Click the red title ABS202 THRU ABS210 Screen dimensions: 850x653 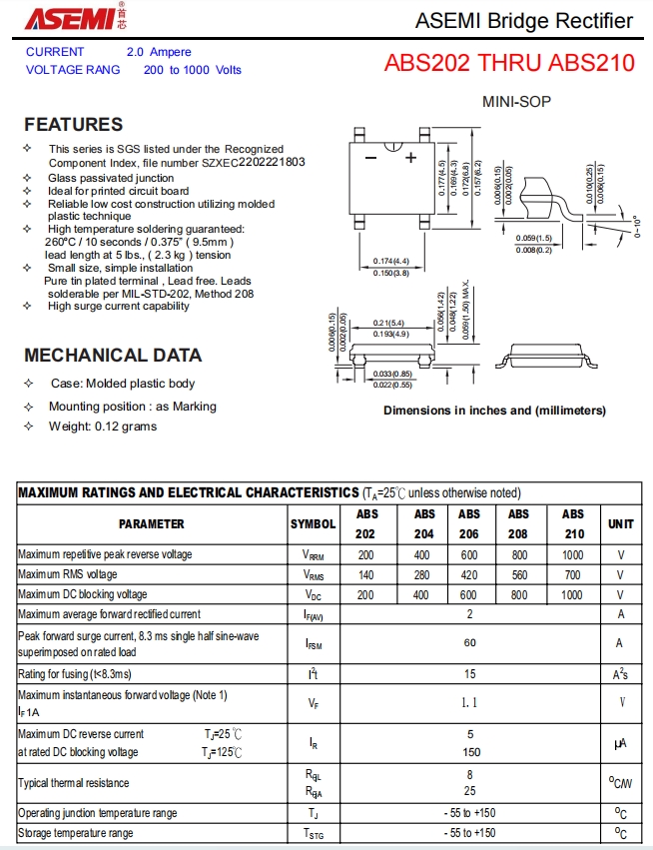[509, 63]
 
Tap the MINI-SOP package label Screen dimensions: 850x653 [516, 102]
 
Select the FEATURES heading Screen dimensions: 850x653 [74, 125]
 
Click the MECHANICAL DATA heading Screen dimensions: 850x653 [113, 356]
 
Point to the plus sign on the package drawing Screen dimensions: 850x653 [409, 157]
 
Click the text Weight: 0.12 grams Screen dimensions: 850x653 [103, 426]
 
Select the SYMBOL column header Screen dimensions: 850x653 [314, 523]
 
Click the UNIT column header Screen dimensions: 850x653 [620, 523]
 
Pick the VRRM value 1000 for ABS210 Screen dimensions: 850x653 [572, 554]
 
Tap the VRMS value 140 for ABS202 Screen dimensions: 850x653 [365, 574]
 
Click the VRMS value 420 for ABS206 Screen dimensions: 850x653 [469, 574]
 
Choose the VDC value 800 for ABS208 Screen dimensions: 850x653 [519, 594]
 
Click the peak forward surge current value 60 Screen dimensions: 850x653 [469, 643]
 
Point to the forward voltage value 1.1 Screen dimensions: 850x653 [469, 702]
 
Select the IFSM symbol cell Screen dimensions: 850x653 [314, 644]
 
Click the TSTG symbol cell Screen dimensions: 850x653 [314, 834]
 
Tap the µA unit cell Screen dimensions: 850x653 [620, 744]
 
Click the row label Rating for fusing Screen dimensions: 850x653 [75, 674]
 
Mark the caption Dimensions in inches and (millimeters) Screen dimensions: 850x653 [494, 411]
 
